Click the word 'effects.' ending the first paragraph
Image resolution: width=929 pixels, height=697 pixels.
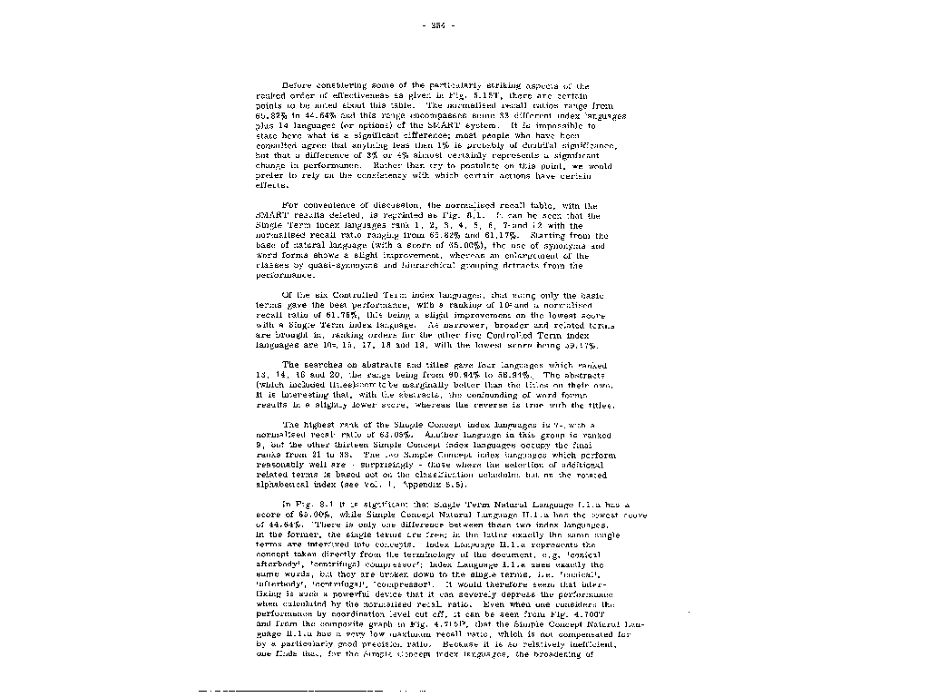click(272, 184)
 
